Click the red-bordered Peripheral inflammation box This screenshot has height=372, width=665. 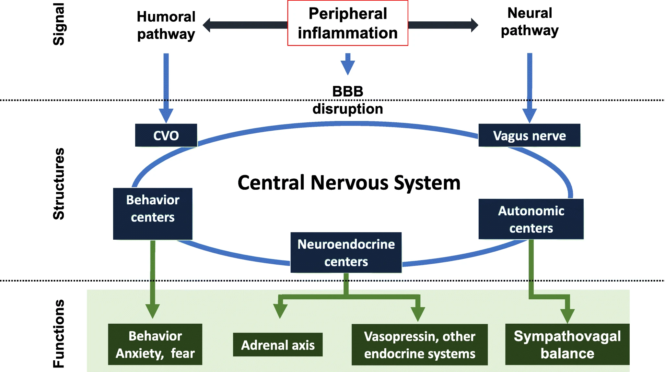point(347,23)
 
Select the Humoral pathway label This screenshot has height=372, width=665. point(166,25)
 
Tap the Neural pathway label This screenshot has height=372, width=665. point(530,22)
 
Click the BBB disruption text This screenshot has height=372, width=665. point(347,100)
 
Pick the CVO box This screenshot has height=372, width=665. point(166,135)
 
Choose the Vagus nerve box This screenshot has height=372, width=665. point(529,135)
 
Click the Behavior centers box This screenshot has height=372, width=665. point(153,213)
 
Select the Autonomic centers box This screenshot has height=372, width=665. point(531,219)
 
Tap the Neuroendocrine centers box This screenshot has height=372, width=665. point(346,253)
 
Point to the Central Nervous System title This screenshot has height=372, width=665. point(349,183)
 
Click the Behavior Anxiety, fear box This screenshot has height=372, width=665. point(155,344)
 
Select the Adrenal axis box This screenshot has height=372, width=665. point(278,345)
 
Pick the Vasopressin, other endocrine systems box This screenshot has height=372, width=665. point(419,345)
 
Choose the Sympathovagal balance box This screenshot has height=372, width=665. point(567,344)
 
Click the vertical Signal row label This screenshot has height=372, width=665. point(59,24)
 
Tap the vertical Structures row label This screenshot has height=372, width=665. point(59,184)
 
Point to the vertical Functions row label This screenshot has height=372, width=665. point(59,334)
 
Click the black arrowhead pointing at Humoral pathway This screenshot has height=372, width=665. point(207,25)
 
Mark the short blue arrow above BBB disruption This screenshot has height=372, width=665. point(348,64)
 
